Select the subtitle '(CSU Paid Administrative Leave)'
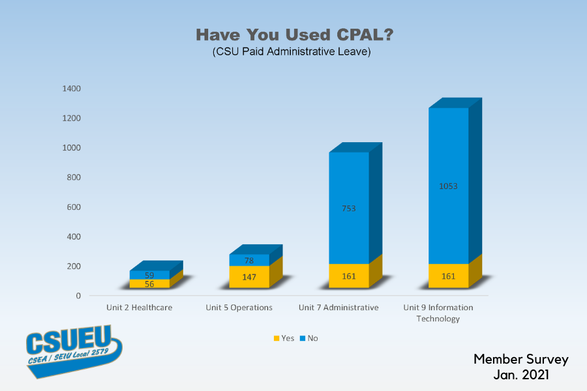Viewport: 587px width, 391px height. [x=292, y=52]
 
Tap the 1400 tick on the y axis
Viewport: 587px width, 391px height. [x=72, y=89]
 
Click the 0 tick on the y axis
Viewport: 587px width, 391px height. [x=78, y=296]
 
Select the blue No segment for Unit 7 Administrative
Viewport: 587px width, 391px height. [x=349, y=195]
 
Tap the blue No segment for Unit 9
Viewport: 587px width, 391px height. [x=449, y=163]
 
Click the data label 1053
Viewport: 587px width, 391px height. [x=449, y=186]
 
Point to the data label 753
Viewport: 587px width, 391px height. [x=349, y=209]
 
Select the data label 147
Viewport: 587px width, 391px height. [x=249, y=277]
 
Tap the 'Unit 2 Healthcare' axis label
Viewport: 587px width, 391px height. [x=140, y=308]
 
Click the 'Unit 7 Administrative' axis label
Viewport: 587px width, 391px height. [x=339, y=308]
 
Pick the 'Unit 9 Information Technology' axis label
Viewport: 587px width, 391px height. [x=438, y=313]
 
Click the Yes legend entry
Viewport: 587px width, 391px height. [x=284, y=338]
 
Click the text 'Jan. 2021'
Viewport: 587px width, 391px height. [x=520, y=375]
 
